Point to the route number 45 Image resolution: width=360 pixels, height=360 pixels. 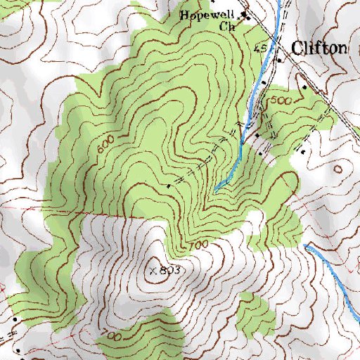click(260, 48)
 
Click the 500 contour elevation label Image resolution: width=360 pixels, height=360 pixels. click(280, 101)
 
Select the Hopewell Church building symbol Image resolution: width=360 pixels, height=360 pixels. click(245, 15)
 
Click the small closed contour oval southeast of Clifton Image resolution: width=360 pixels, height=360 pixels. click(340, 169)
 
